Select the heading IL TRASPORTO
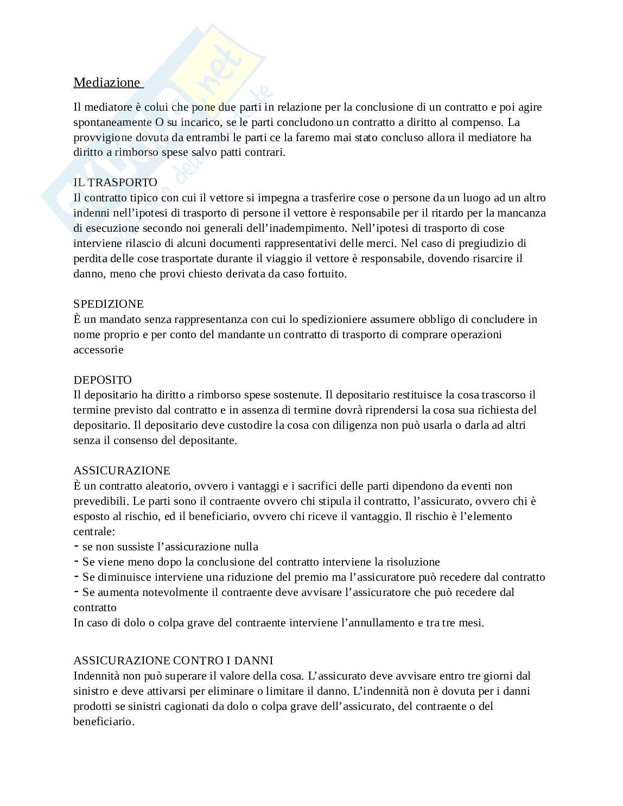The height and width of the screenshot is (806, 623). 115,182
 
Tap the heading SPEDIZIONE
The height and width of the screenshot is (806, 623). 109,304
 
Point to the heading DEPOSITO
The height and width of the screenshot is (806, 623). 103,380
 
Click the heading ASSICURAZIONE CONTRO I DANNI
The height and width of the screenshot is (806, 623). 173,661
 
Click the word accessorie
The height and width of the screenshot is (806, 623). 98,350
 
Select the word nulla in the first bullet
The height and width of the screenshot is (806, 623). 245,547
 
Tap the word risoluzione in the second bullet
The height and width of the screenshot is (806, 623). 412,562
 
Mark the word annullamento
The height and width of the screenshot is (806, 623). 378,623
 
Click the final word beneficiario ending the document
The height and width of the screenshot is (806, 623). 103,721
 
